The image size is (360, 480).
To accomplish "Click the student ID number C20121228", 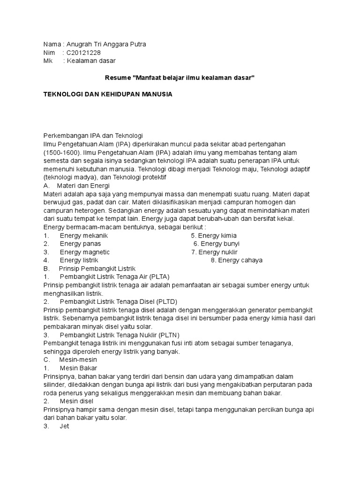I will point(83,52).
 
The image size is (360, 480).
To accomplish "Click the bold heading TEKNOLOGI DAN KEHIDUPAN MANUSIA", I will point(108,94).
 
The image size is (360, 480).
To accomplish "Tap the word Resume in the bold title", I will point(116,77).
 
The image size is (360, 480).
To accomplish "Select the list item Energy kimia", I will point(214,235).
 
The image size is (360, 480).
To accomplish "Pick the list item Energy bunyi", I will point(217,244).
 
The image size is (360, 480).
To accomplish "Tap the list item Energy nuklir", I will point(214,252).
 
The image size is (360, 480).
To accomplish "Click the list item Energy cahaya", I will point(237,260).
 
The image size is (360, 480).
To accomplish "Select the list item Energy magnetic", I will point(84,252).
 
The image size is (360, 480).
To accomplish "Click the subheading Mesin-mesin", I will point(78,360).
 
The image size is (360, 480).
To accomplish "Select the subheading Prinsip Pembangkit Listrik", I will point(97,269).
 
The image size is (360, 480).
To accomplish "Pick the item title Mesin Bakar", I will point(78,368).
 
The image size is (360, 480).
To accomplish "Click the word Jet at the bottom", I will point(65,426).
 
